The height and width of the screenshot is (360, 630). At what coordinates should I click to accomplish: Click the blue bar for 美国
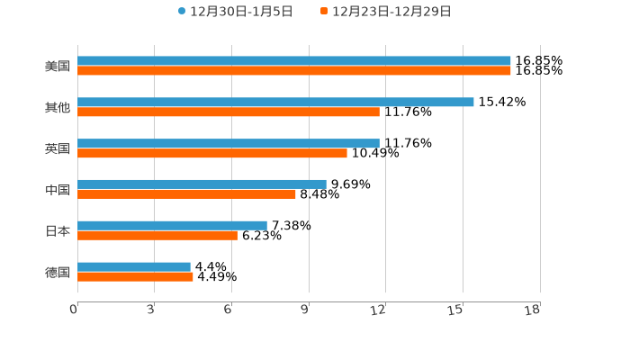tap(294, 61)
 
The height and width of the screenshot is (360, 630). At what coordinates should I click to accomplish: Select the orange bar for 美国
tap(294, 71)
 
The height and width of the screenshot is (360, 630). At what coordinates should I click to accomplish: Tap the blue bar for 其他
tap(275, 102)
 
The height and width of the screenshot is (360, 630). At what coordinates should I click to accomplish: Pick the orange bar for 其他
tap(229, 112)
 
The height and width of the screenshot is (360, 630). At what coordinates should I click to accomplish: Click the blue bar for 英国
tap(229, 143)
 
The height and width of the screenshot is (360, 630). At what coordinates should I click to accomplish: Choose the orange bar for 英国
tap(212, 153)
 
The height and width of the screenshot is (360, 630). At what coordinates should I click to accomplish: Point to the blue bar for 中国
tap(202, 184)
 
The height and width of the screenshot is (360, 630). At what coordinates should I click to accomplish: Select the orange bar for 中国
tap(186, 193)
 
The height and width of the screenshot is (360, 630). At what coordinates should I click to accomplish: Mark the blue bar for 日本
tap(172, 225)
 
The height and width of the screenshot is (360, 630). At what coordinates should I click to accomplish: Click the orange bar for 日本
tap(157, 235)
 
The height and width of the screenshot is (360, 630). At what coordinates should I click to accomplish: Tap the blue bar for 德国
tap(134, 266)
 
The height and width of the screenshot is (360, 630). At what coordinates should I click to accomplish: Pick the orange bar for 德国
tap(135, 276)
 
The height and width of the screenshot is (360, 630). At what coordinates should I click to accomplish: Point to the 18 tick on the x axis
tap(533, 310)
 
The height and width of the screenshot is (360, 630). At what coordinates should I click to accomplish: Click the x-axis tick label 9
tap(306, 310)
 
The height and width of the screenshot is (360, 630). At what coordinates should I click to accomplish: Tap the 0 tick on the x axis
tap(74, 310)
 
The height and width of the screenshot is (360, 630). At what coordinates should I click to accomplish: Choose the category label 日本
tap(58, 230)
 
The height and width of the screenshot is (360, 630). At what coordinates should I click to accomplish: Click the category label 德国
tap(58, 272)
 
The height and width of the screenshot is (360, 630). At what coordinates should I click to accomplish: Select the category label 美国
tap(58, 66)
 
